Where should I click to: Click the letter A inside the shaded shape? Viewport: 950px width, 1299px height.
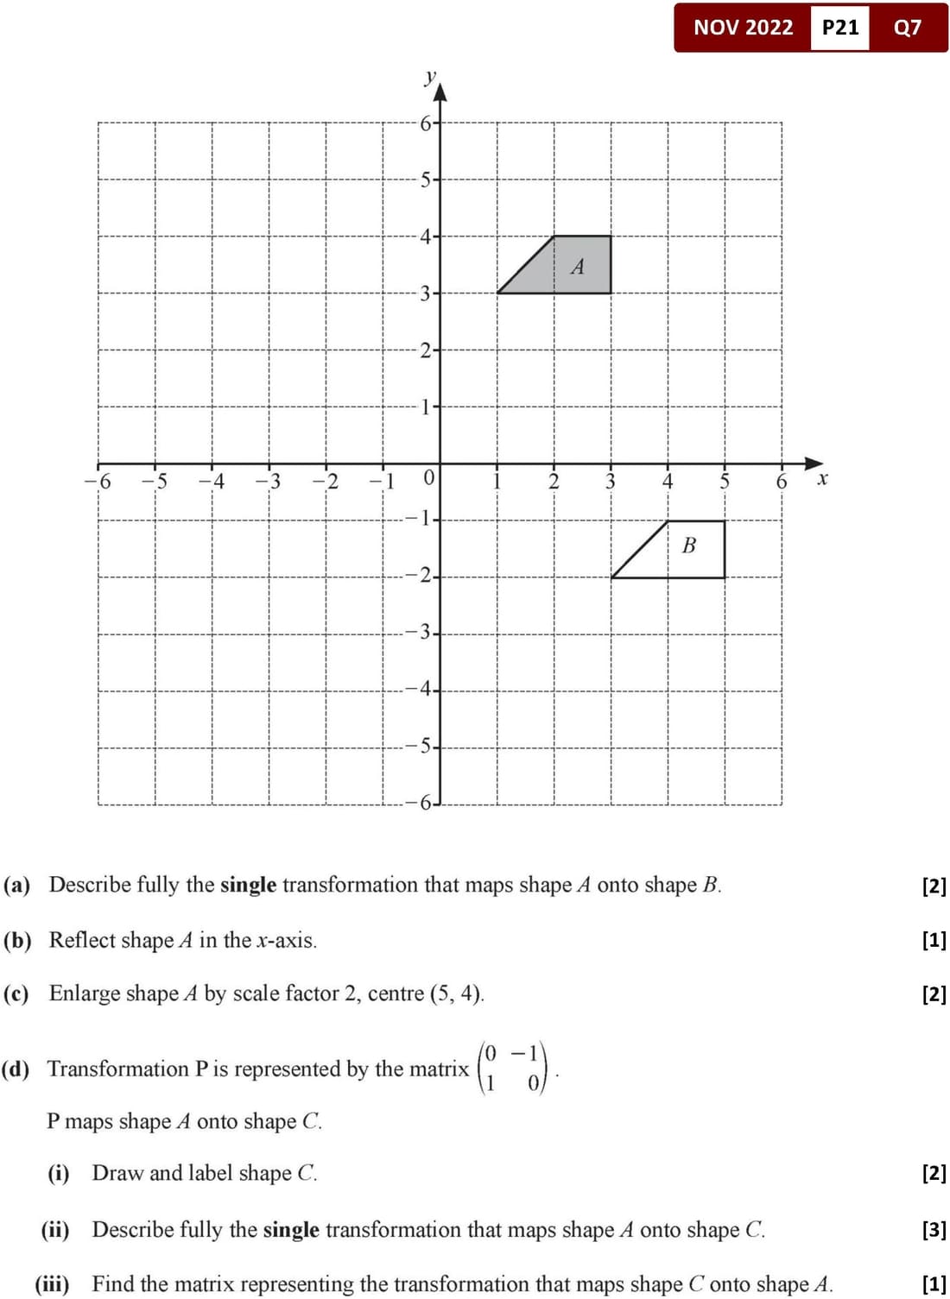click(x=578, y=267)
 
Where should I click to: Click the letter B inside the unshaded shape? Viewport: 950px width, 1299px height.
click(x=688, y=545)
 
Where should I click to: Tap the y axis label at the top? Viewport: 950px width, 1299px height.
click(x=430, y=77)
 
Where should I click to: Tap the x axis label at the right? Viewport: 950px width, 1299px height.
click(x=822, y=478)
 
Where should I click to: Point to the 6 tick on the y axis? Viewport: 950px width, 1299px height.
click(x=426, y=123)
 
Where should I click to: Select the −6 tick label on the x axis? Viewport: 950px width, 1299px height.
click(x=98, y=482)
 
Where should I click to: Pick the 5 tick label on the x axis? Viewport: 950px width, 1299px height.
click(x=725, y=482)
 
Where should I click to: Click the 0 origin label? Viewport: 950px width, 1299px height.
click(x=427, y=478)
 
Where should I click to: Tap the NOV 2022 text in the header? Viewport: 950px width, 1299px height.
click(x=743, y=28)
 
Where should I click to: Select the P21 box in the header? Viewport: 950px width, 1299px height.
click(x=840, y=28)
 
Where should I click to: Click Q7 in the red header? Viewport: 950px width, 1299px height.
click(x=908, y=28)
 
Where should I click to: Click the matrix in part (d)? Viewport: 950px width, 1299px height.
click(x=513, y=1068)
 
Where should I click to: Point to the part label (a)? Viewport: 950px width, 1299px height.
click(x=16, y=885)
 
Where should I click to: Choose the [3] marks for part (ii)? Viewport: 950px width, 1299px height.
click(x=934, y=1229)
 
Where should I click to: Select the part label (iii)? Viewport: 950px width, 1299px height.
click(x=53, y=1284)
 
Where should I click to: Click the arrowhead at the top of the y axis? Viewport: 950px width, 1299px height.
click(x=440, y=89)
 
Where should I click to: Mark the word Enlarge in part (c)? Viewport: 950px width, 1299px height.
click(x=85, y=993)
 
